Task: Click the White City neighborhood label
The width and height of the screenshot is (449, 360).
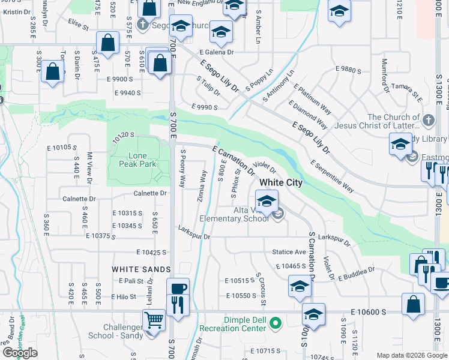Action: tap(280, 182)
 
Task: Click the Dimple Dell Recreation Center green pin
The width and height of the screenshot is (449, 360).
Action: tap(276, 323)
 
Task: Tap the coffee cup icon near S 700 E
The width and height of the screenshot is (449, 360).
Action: tap(178, 288)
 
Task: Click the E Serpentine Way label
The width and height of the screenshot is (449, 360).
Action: tap(332, 175)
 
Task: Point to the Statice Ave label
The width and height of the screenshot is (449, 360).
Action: tap(290, 252)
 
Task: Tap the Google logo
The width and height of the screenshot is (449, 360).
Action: tap(20, 353)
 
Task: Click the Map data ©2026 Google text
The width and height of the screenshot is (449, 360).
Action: tap(412, 355)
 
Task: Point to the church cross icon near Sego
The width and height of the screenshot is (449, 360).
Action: tap(142, 25)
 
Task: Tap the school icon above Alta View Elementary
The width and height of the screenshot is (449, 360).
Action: tap(267, 200)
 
